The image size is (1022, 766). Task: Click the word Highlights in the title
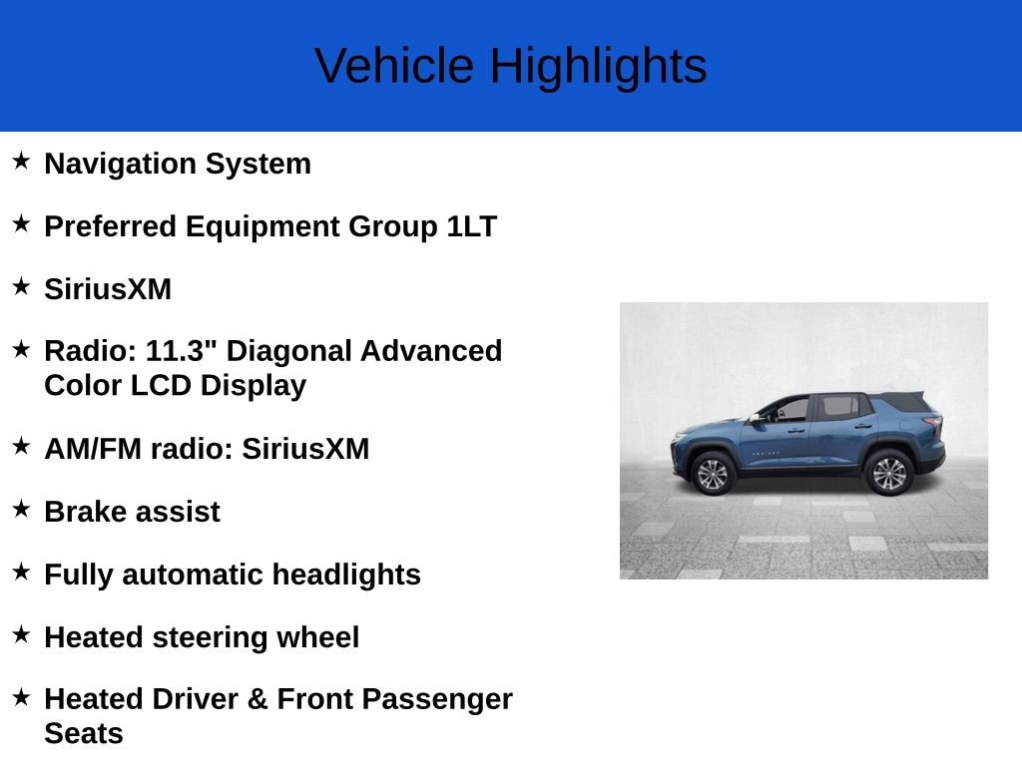(598, 66)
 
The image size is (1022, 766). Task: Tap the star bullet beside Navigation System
(21, 161)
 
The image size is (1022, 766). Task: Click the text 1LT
(471, 226)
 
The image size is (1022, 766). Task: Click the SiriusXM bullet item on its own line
(108, 289)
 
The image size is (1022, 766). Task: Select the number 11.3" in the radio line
(183, 351)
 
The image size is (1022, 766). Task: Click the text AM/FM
(93, 449)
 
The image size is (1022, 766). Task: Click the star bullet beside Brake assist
(21, 509)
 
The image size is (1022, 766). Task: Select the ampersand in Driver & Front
(257, 699)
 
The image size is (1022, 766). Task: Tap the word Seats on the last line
(84, 734)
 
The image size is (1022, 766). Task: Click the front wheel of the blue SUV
(713, 473)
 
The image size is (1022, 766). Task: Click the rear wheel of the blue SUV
(888, 472)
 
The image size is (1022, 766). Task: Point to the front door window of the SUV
(789, 409)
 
